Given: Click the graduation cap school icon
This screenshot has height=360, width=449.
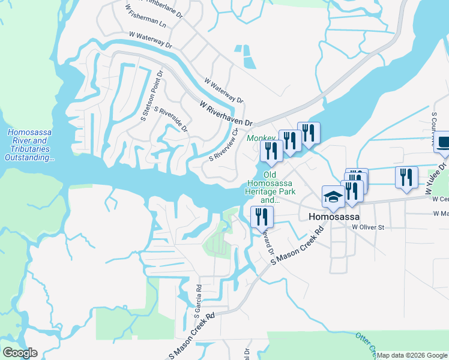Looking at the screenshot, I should (333, 197).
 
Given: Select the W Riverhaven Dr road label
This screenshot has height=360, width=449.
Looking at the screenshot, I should (226, 113).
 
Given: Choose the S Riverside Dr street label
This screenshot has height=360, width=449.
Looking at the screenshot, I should (171, 119).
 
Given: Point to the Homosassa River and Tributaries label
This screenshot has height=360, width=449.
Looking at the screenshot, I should (29, 145).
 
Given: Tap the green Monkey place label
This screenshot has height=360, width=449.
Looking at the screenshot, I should (260, 139).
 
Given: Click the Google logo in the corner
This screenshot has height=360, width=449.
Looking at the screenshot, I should (20, 353).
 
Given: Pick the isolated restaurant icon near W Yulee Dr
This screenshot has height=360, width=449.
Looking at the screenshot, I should (406, 178).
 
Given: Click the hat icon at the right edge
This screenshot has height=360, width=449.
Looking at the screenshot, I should (443, 143).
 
